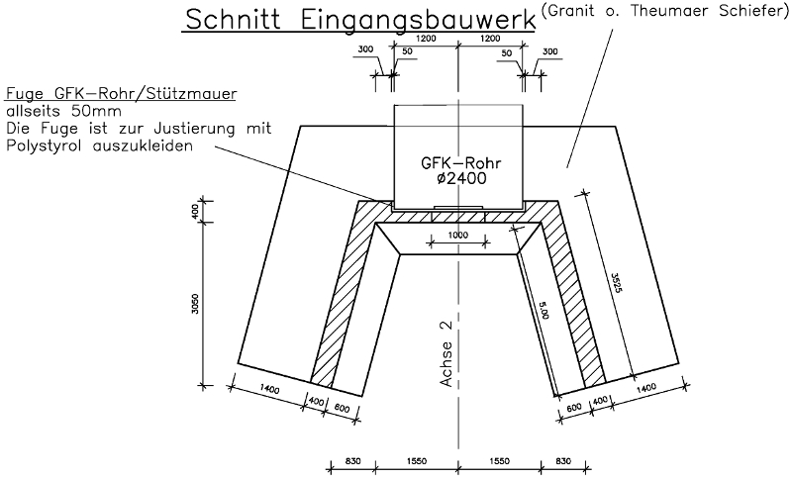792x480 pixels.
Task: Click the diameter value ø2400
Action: pyautogui.click(x=456, y=181)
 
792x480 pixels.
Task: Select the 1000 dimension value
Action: pyautogui.click(x=456, y=237)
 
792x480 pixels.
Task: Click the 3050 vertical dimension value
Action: pyautogui.click(x=195, y=304)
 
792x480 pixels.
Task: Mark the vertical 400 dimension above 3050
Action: pyautogui.click(x=195, y=210)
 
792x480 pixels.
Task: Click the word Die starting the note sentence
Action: pyautogui.click(x=19, y=128)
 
